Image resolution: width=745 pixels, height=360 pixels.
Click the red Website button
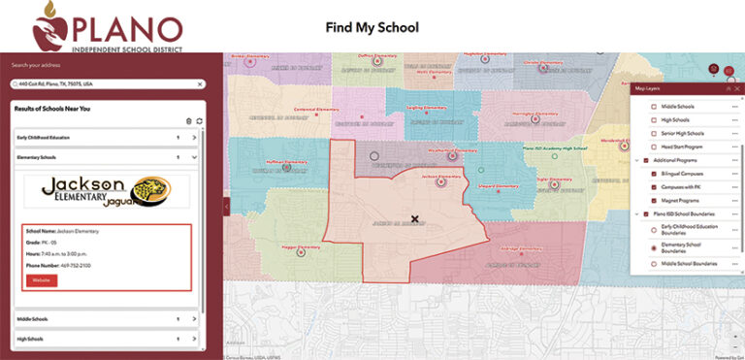coord(42,280)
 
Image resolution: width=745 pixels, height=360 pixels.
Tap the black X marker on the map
coord(415,219)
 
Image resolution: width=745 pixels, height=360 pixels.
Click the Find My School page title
coord(372,27)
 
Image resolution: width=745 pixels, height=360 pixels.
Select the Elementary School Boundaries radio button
coord(640,247)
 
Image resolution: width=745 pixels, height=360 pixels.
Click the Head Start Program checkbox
coord(640,146)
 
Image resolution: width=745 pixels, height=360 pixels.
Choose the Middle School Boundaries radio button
coord(640,264)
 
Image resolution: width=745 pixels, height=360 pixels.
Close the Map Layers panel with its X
coord(737,88)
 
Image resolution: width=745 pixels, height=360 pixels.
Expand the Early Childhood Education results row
coord(194,138)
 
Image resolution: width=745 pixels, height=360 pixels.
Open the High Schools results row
coord(194,339)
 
